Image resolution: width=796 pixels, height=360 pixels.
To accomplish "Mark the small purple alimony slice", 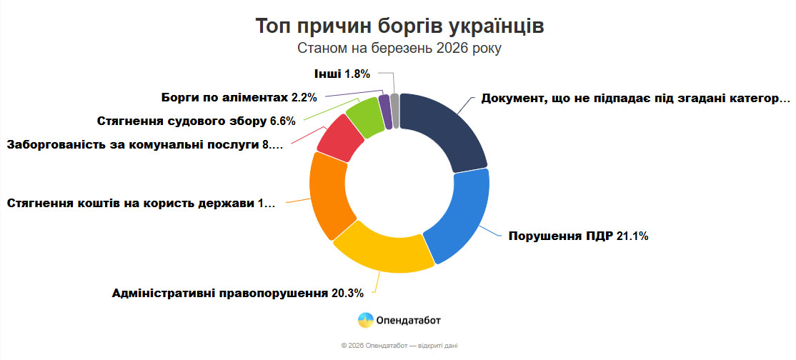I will click(385, 111).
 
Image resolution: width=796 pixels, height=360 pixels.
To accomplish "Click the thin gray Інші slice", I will click(394, 110).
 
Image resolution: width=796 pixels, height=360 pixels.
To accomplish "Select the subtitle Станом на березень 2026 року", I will click(399, 49).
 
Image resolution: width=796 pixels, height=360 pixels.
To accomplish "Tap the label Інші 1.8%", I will click(342, 73).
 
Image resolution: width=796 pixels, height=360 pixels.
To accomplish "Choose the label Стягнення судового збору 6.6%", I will click(196, 120).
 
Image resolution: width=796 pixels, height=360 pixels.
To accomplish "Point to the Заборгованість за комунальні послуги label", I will click(145, 145).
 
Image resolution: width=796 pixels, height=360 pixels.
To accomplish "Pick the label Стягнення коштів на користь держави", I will click(141, 204).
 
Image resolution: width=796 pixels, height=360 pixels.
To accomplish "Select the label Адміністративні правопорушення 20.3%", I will click(238, 293).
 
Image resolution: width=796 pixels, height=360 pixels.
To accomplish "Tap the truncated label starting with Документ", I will click(635, 98).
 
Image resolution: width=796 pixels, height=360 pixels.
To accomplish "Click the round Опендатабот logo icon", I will click(366, 320).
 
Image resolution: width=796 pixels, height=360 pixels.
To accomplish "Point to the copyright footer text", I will click(399, 346).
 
